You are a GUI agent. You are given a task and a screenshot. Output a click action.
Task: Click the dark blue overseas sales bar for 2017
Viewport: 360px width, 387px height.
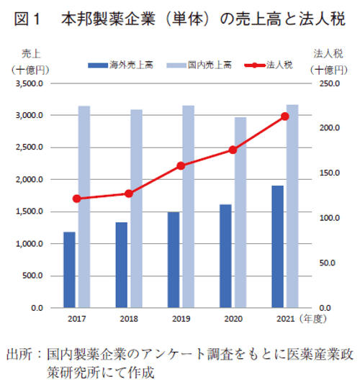[69, 270]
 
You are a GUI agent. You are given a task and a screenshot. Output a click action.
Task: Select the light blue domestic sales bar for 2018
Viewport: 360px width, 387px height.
[136, 209]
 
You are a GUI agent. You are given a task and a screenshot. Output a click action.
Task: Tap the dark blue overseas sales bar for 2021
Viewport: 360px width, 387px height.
[277, 247]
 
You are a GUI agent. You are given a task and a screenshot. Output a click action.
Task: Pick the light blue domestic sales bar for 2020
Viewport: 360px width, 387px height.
[240, 212]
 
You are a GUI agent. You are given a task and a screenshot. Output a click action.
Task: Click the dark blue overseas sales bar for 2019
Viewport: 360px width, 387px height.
[174, 260]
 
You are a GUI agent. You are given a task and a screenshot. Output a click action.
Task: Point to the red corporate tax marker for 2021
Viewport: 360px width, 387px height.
[284, 116]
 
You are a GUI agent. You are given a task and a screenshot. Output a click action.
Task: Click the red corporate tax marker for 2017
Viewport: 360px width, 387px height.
[76, 199]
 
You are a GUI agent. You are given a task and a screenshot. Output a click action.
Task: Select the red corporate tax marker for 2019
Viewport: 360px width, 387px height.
[181, 165]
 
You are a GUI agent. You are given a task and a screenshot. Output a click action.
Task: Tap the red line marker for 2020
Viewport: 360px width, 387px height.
[233, 150]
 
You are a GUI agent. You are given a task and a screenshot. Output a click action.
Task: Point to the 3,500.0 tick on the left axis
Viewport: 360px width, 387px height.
[30, 84]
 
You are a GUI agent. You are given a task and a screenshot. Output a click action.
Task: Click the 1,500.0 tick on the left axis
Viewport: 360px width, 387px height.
[30, 211]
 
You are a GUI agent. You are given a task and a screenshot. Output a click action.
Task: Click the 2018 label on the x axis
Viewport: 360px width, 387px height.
[129, 318]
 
